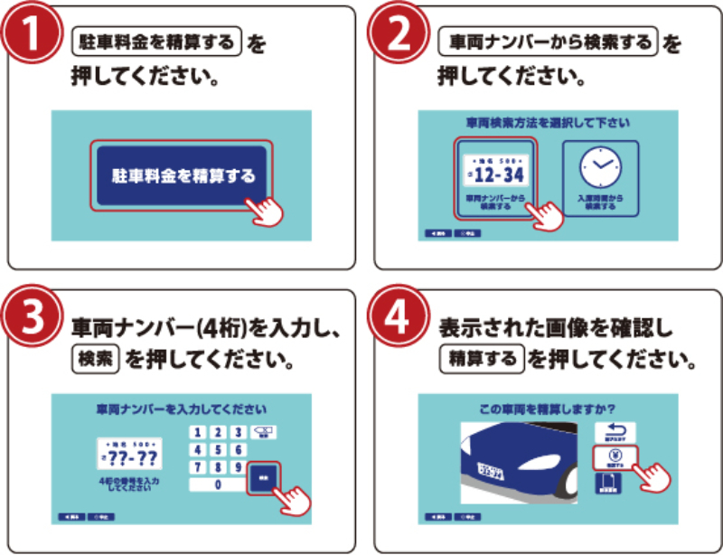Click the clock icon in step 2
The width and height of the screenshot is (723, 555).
600,166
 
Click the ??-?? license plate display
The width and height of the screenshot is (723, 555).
131,454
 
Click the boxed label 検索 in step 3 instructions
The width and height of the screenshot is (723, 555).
95,360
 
